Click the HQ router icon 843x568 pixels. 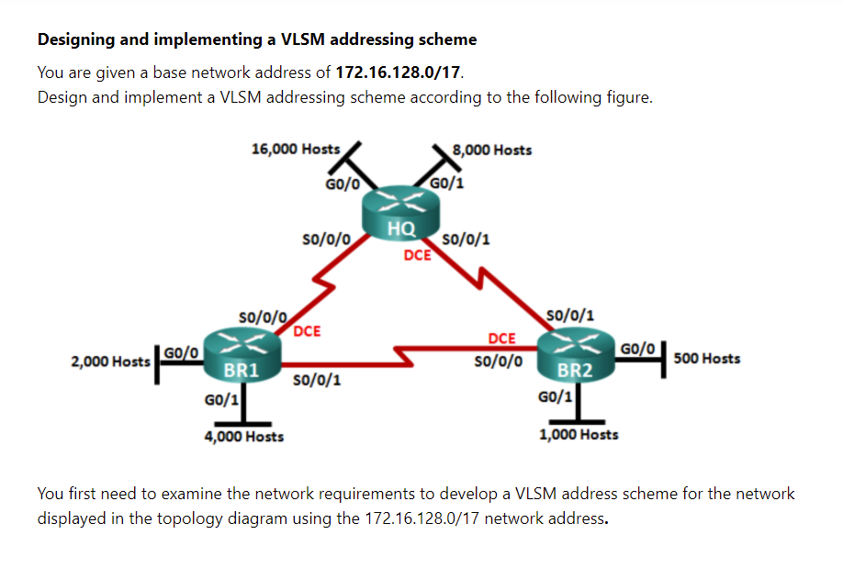click(x=400, y=212)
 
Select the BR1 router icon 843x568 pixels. click(x=242, y=354)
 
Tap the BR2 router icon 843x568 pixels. click(x=576, y=354)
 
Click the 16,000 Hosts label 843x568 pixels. click(x=296, y=149)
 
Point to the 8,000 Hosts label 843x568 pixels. click(x=492, y=150)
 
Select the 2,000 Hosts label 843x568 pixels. click(x=110, y=362)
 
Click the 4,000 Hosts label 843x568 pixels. click(x=244, y=437)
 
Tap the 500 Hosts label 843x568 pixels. click(x=707, y=359)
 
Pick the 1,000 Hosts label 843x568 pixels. click(x=579, y=434)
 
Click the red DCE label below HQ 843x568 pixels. click(x=417, y=255)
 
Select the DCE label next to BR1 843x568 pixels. click(x=307, y=331)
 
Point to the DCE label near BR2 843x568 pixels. click(x=501, y=339)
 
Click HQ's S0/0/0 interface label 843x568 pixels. click(x=326, y=239)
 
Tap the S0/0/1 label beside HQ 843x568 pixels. click(x=466, y=239)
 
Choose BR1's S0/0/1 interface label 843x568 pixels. click(x=317, y=380)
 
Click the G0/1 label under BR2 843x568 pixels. click(x=555, y=397)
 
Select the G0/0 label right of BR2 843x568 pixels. click(x=637, y=350)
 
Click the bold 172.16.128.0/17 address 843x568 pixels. click(x=398, y=72)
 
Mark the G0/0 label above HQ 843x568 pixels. click(x=343, y=184)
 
